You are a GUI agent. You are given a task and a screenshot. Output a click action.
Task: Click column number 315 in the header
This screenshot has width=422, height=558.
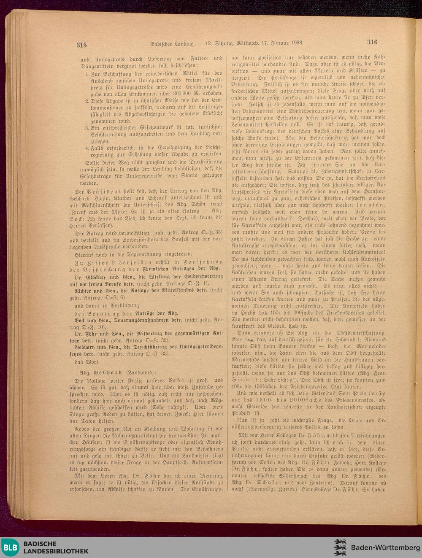pyautogui.click(x=81, y=45)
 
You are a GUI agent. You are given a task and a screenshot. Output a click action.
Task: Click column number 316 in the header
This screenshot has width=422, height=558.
pyautogui.click(x=372, y=42)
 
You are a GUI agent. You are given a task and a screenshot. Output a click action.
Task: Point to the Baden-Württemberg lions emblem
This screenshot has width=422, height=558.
pyautogui.click(x=340, y=547)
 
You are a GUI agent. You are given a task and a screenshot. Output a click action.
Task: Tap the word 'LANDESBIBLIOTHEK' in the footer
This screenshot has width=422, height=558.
pyautogui.click(x=56, y=551)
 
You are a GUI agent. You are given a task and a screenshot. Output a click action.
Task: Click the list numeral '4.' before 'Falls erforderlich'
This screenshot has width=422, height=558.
pyautogui.click(x=87, y=148)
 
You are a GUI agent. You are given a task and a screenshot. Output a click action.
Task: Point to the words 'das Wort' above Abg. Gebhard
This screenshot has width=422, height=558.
pyautogui.click(x=87, y=362)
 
